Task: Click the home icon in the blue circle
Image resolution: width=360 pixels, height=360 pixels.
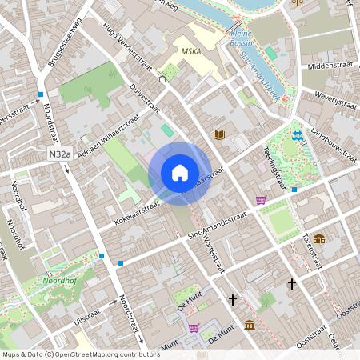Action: tap(179, 173)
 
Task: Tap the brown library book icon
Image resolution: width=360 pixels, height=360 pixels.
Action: tap(219, 135)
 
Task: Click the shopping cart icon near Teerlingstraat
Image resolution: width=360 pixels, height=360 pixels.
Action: tap(261, 200)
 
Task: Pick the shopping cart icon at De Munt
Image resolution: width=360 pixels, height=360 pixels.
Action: tap(194, 328)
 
